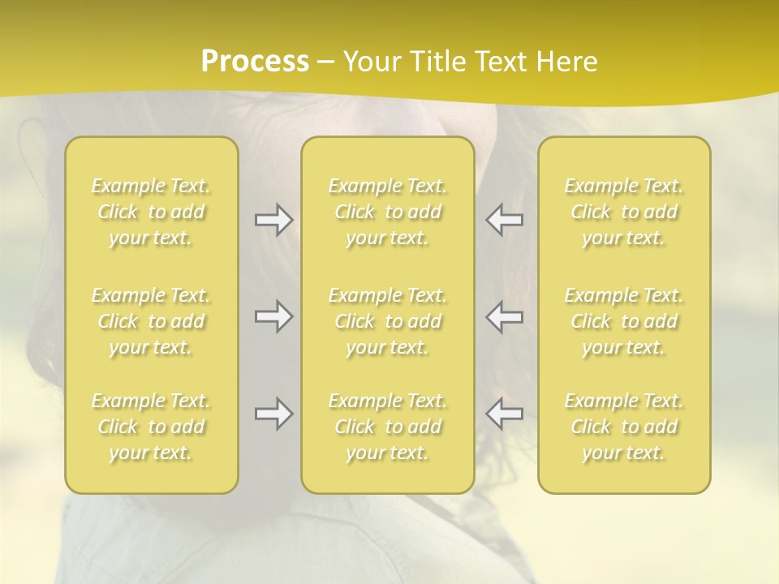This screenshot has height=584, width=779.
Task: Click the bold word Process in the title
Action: tap(255, 62)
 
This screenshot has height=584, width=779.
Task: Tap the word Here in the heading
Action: tap(566, 62)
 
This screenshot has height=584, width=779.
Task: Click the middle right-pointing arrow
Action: tap(273, 316)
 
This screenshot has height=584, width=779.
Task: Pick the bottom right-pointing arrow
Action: tap(273, 414)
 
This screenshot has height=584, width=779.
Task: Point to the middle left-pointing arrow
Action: tap(504, 316)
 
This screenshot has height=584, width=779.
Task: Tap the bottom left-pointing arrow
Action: tap(504, 414)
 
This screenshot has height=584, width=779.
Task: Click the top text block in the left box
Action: tap(151, 212)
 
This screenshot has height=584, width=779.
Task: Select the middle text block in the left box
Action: tap(151, 321)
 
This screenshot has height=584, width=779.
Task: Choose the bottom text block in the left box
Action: tap(151, 427)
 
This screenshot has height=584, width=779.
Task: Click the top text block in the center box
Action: tap(387, 212)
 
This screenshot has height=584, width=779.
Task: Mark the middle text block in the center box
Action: tap(387, 321)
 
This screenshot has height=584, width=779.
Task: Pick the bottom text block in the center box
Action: tap(387, 427)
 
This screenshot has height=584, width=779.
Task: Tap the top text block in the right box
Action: tap(624, 212)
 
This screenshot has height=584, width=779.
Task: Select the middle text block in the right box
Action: tap(624, 321)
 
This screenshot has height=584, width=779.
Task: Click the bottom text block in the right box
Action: tap(624, 427)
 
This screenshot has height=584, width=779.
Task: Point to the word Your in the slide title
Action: tap(371, 62)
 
